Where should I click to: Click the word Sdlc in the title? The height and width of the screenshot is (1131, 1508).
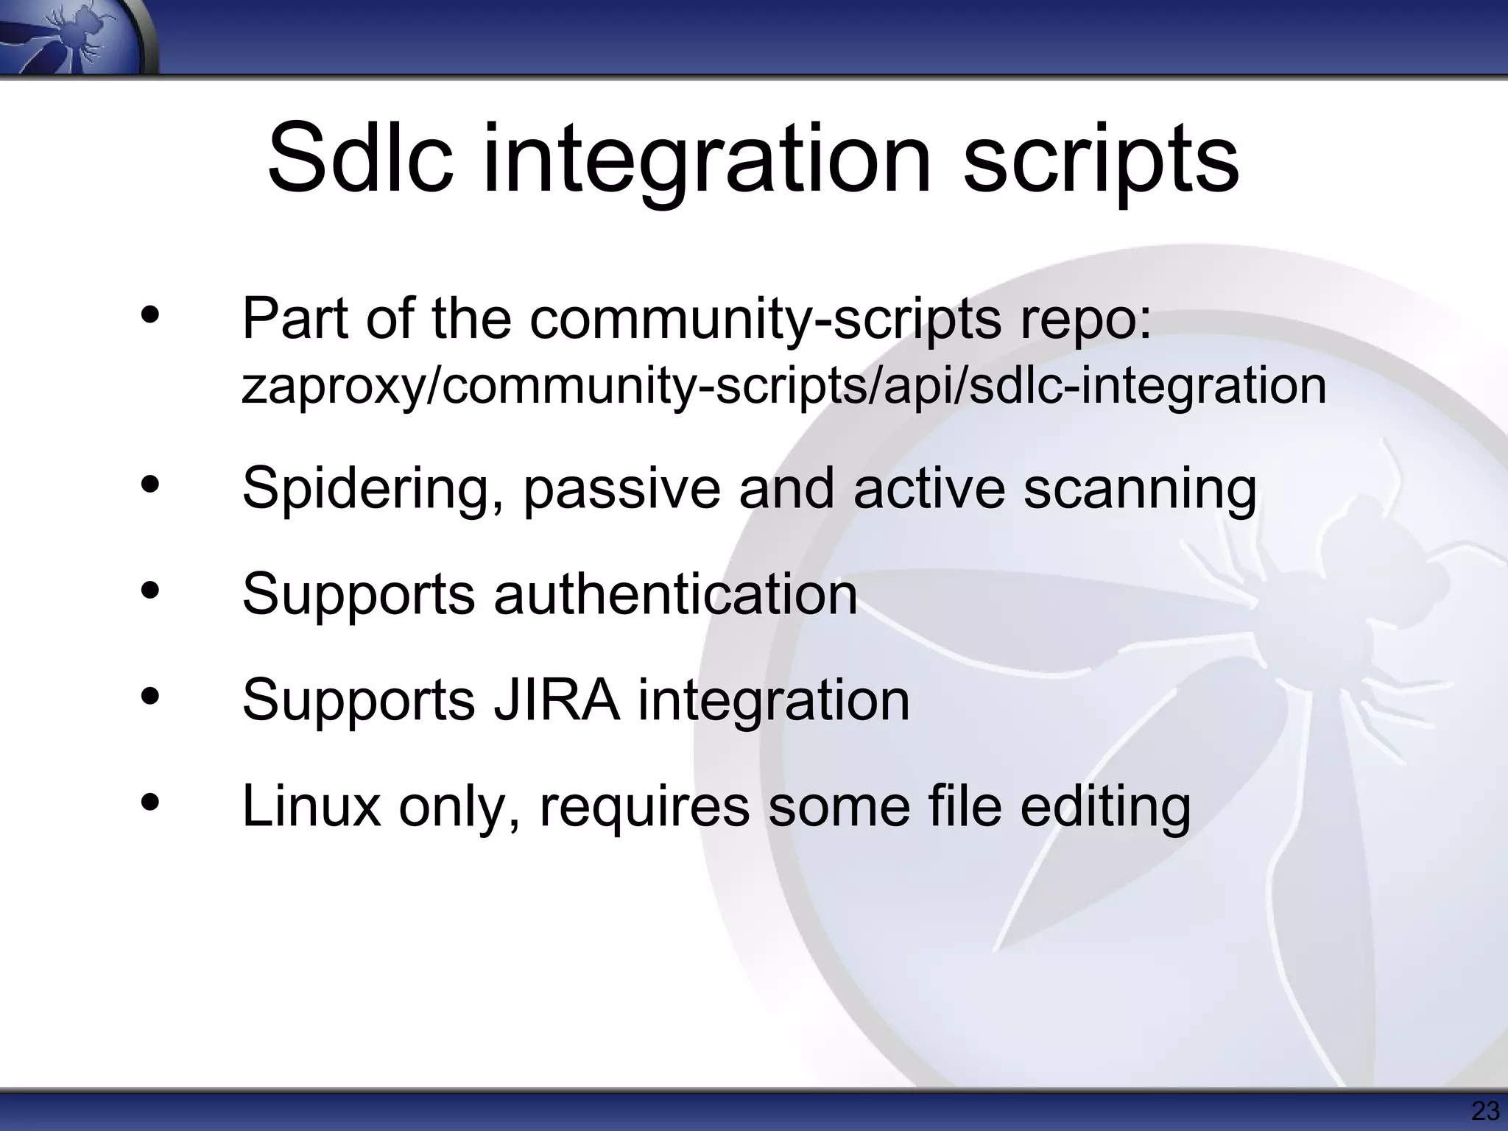[x=360, y=158]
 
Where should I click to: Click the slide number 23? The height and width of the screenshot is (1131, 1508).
[x=1484, y=1110]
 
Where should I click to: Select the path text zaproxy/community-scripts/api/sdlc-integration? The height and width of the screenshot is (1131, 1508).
[x=783, y=387]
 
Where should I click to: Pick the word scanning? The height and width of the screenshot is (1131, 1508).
[x=1139, y=490]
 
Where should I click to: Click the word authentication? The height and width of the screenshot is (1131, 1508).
[x=675, y=594]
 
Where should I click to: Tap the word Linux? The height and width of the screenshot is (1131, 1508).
[x=311, y=806]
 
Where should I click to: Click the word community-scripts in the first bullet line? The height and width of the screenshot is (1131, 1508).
[x=765, y=320]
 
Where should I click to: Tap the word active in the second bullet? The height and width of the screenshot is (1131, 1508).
[x=929, y=488]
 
